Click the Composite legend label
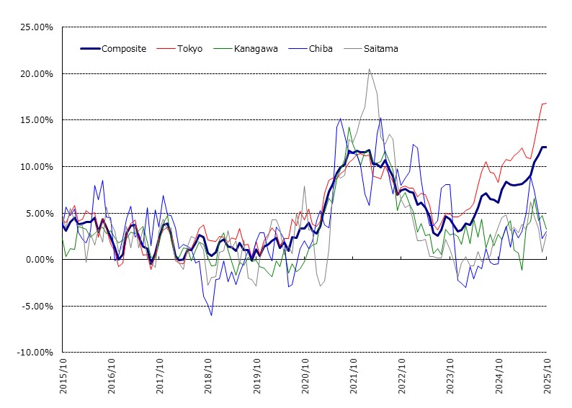coord(124,49)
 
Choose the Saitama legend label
coord(382,49)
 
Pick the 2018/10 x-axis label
coord(208,375)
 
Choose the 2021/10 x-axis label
coord(354,375)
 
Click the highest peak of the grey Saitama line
coord(370,69)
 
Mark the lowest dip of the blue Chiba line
coord(211,315)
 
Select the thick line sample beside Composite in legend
coord(89,49)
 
